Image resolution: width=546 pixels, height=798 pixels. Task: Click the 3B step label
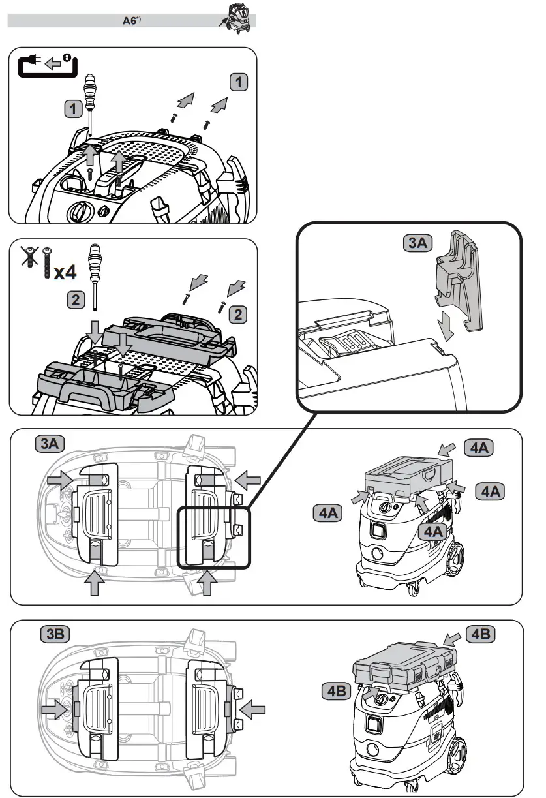point(54,633)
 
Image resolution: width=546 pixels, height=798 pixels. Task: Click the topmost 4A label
point(479,448)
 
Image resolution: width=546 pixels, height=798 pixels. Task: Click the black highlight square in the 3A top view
point(214,537)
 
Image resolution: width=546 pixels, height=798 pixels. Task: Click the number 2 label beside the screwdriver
point(76,300)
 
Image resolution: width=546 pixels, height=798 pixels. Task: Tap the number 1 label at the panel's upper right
point(240,83)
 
